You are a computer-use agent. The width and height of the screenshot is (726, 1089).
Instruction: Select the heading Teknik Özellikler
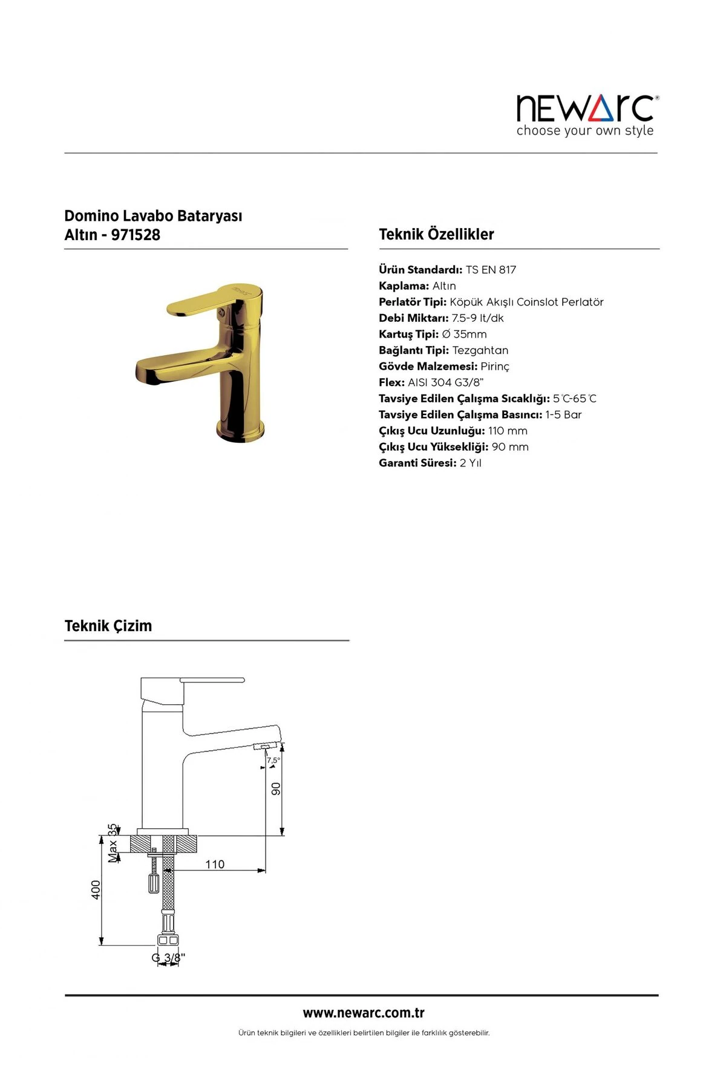click(436, 234)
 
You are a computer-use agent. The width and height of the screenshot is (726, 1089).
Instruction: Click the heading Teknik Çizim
click(108, 626)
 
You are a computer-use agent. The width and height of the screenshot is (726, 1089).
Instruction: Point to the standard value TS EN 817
click(491, 270)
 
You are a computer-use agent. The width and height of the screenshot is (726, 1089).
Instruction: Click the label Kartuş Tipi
click(408, 334)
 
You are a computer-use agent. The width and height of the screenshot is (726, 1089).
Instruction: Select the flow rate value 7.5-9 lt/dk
click(477, 318)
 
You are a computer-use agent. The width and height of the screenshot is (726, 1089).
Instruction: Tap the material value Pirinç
click(495, 367)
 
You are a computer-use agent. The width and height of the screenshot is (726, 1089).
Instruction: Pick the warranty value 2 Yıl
click(471, 463)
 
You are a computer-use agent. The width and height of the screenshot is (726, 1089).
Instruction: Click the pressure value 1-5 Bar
click(563, 414)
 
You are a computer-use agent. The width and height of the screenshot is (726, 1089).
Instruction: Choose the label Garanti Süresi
click(417, 463)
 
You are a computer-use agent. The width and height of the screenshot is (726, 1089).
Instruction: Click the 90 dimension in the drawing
click(276, 788)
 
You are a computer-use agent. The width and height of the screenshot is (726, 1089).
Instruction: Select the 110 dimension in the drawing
click(215, 864)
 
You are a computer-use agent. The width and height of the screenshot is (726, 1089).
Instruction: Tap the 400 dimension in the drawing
click(96, 889)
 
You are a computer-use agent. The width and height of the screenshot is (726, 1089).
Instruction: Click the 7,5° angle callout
click(273, 760)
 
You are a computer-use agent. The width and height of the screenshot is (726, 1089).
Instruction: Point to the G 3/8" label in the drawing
click(168, 958)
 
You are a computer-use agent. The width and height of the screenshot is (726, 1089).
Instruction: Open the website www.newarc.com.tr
click(364, 1013)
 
